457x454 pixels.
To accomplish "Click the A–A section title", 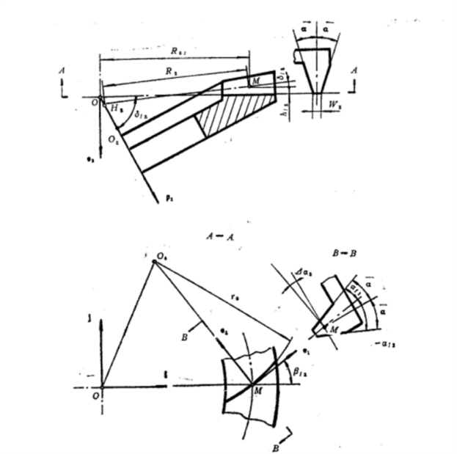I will pos(220,237).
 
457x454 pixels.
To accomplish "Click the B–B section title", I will pos(345,253).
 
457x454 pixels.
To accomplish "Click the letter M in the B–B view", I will pos(334,330).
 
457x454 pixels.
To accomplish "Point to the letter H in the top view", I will pos(114,108).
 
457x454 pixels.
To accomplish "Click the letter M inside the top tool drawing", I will pos(255,81).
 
